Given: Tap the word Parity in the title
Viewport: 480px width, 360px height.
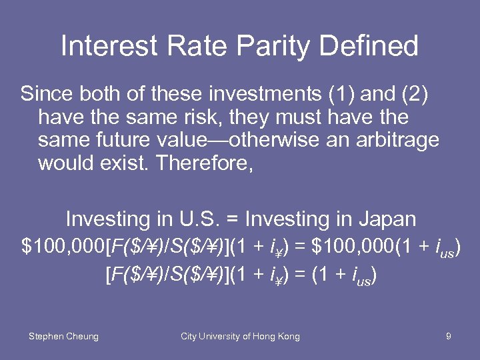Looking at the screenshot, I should [266, 46].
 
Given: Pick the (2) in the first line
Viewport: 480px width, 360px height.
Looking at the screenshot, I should [413, 94].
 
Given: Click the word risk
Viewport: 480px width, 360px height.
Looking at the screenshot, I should [204, 118].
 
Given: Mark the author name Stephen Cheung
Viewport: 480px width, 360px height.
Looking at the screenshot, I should [63, 337].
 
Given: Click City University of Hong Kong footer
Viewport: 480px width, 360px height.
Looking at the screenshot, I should [240, 337].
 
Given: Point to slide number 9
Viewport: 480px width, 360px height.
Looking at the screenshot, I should [449, 337].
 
